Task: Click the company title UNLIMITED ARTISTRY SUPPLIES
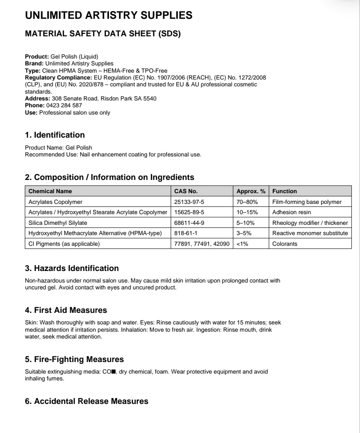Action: tap(109, 16)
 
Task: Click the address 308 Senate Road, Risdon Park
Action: tap(100, 99)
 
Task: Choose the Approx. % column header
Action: tap(251, 191)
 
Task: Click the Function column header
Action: tap(285, 191)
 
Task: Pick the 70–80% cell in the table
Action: tap(246, 202)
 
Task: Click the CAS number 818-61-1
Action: tap(185, 233)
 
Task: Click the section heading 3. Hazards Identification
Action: tap(72, 268)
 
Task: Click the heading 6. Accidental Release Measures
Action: tap(87, 401)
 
